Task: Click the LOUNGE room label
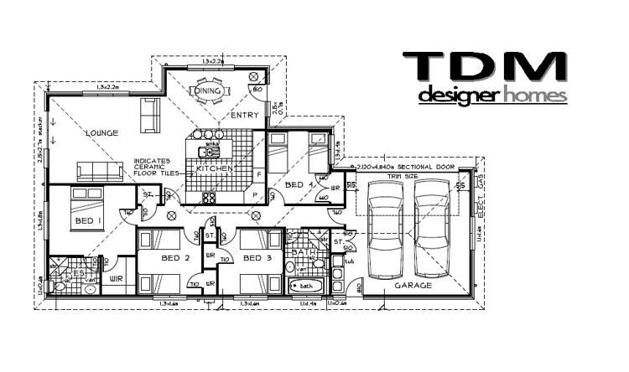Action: click(x=101, y=133)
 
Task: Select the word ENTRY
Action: click(x=244, y=116)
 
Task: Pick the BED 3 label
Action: click(x=256, y=257)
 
